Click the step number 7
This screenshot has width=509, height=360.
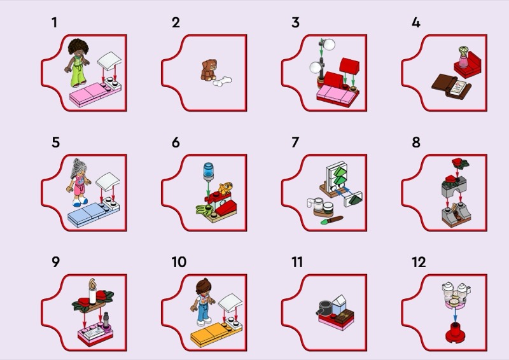tap(295, 142)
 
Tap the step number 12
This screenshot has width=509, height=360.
tap(419, 262)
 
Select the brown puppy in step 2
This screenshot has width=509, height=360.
tap(209, 70)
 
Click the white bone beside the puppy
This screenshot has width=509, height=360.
tap(222, 81)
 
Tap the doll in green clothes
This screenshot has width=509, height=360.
tap(78, 63)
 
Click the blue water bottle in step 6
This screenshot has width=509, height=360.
tap(209, 172)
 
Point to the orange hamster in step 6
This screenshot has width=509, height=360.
tap(225, 188)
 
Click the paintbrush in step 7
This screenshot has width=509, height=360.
tap(331, 221)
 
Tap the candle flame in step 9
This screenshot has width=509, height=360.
tap(93, 284)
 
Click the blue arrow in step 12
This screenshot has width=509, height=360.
tap(455, 315)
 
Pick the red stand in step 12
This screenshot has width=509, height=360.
tap(455, 333)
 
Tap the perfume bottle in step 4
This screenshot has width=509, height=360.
tap(464, 57)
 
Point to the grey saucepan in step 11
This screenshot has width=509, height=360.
tap(324, 307)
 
